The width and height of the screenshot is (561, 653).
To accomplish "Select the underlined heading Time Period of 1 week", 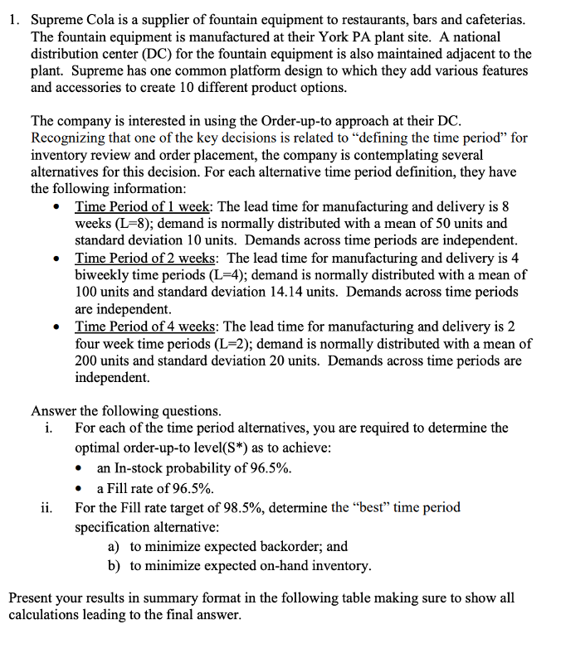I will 144,206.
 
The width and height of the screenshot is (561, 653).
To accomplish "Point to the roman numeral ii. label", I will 47,507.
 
